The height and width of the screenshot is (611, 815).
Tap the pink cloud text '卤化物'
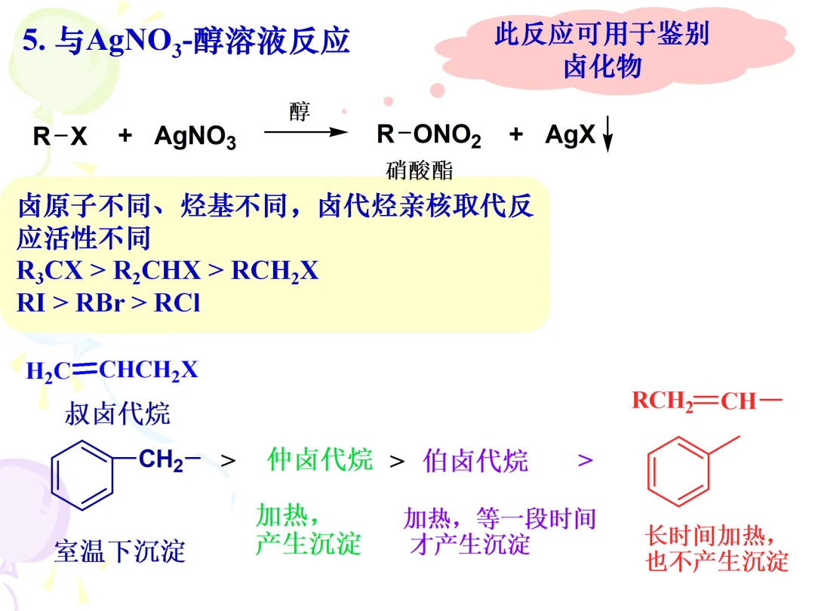pyautogui.click(x=602, y=66)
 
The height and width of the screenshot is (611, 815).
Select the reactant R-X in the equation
pyautogui.click(x=60, y=137)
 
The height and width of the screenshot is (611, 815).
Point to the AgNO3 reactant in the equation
pyautogui.click(x=195, y=137)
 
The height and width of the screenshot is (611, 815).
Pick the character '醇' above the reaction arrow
pyautogui.click(x=300, y=112)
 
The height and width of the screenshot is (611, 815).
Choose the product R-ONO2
pyautogui.click(x=429, y=136)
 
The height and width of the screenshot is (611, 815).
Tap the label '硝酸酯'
pyautogui.click(x=420, y=170)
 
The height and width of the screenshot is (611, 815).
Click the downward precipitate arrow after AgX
pyautogui.click(x=608, y=138)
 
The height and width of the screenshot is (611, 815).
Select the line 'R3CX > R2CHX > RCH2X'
pyautogui.click(x=168, y=271)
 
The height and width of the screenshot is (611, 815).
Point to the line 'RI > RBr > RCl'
pyautogui.click(x=109, y=302)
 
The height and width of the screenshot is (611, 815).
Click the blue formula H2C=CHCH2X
pyautogui.click(x=112, y=370)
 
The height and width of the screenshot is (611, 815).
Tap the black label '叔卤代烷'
pyautogui.click(x=118, y=413)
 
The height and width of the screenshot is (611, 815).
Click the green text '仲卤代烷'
pyautogui.click(x=320, y=459)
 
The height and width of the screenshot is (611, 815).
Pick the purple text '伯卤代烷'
pyautogui.click(x=475, y=460)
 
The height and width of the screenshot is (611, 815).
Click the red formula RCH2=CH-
pyautogui.click(x=706, y=401)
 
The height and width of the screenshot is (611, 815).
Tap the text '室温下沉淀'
pyautogui.click(x=119, y=551)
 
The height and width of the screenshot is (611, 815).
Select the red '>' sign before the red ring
pyautogui.click(x=586, y=460)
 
